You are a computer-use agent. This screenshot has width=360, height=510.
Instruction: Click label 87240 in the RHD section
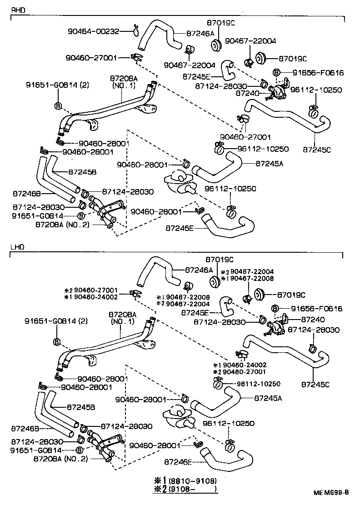pos(247,93)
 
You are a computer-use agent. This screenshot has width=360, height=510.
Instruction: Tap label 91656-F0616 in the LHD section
pos(317,309)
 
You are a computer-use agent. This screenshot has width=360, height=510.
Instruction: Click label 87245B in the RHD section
pos(82,172)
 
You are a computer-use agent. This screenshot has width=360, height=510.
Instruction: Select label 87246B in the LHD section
pos(25,428)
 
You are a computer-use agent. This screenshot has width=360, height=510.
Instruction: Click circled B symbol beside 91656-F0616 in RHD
pos(275,72)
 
